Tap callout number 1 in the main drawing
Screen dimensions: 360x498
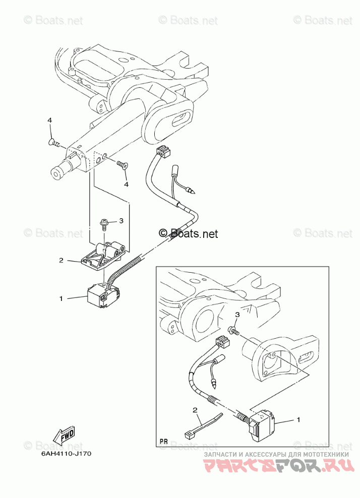[61, 298]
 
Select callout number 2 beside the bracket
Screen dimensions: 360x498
[61, 261]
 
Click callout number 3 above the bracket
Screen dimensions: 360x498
[121, 221]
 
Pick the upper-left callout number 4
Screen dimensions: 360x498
[50, 120]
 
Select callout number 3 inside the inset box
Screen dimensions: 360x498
[236, 315]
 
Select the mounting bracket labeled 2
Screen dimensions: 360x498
[103, 255]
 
